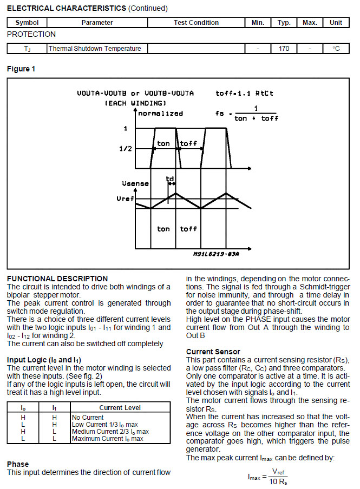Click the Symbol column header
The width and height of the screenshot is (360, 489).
pyautogui.click(x=27, y=23)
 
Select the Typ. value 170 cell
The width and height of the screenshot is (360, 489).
pyautogui.click(x=284, y=49)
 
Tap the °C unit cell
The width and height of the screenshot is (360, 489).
pyautogui.click(x=336, y=49)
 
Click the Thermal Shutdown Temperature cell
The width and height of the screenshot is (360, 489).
pyautogui.click(x=95, y=49)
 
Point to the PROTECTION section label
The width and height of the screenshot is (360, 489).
pyautogui.click(x=31, y=34)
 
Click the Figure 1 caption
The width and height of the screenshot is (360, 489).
pyautogui.click(x=22, y=69)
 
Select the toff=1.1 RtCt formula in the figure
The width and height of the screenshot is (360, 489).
pyautogui.click(x=244, y=94)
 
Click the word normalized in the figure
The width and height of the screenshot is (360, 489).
pyautogui.click(x=161, y=113)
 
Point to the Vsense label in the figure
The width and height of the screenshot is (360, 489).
pyautogui.click(x=135, y=183)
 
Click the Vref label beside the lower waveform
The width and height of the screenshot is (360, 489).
pyautogui.click(x=125, y=199)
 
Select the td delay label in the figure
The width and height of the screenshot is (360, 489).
pyautogui.click(x=170, y=178)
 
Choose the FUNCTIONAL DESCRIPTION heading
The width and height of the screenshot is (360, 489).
pyautogui.click(x=57, y=279)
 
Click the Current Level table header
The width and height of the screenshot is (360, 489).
pyautogui.click(x=120, y=407)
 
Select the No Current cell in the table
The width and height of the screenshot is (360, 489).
pyautogui.click(x=87, y=418)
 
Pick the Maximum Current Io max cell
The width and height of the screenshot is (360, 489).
pyautogui.click(x=107, y=439)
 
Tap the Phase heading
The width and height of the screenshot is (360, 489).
pyautogui.click(x=18, y=464)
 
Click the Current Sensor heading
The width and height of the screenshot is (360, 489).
pyautogui.click(x=213, y=352)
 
